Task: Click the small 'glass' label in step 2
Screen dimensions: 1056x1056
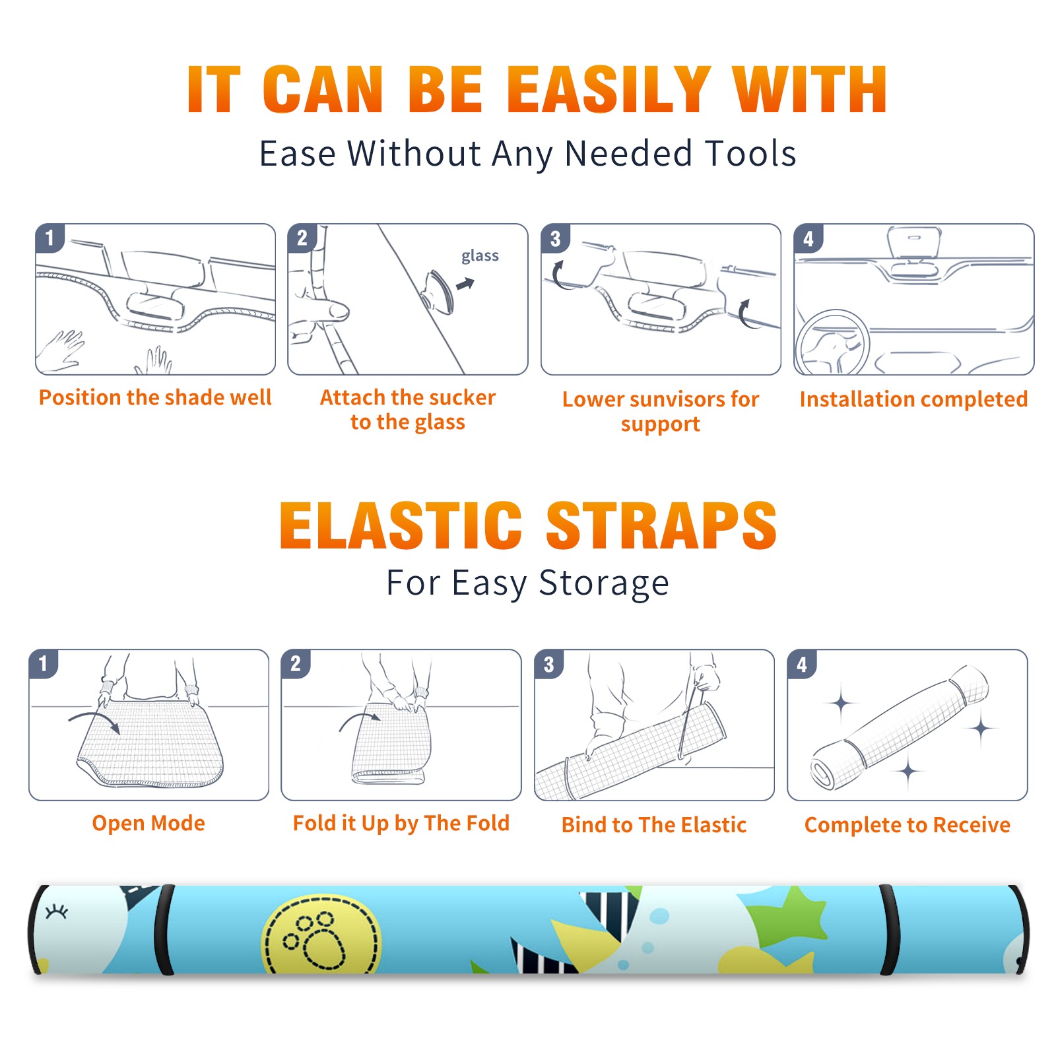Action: click(480, 256)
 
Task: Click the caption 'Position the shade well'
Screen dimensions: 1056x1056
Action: click(155, 397)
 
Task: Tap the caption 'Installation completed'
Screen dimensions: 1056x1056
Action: click(913, 399)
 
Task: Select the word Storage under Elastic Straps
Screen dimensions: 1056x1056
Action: click(604, 583)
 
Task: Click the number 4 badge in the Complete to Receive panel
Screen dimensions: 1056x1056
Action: click(802, 664)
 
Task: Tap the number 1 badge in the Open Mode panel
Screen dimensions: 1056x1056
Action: click(44, 663)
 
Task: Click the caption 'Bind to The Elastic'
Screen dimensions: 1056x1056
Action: click(653, 825)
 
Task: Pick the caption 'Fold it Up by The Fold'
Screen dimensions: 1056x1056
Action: click(401, 824)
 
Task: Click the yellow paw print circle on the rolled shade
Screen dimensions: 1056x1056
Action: click(321, 935)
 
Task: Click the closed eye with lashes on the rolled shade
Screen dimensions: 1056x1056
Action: click(57, 912)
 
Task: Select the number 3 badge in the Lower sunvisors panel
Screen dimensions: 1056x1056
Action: click(555, 238)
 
